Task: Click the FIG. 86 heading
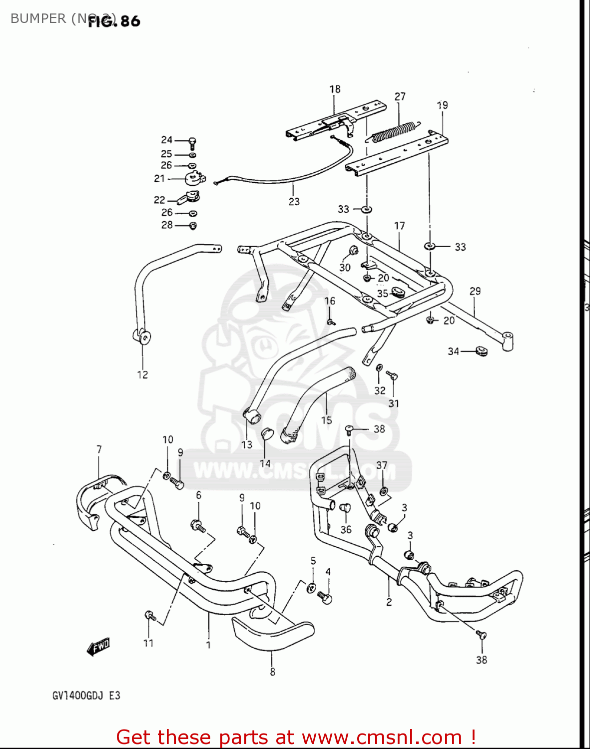tap(114, 21)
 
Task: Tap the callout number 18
tap(335, 89)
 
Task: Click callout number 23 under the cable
tap(294, 201)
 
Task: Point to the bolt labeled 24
tap(192, 142)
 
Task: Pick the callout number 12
tap(142, 374)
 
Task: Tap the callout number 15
tap(327, 420)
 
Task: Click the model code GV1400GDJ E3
tap(86, 695)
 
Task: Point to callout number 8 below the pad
tap(272, 672)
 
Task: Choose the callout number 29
tap(475, 291)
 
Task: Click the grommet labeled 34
tap(481, 351)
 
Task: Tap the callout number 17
tap(400, 226)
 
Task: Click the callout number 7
tap(99, 449)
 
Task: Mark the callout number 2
tap(389, 602)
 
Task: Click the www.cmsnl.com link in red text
tap(382, 738)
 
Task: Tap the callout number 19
tap(443, 105)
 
